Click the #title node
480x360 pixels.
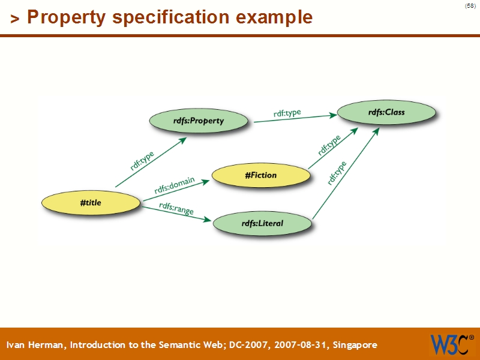click(x=91, y=203)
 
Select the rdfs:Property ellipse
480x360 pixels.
click(x=198, y=121)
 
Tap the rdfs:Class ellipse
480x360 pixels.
click(x=386, y=112)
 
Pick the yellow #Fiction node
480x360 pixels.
click(x=261, y=175)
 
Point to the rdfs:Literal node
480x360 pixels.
click(x=262, y=224)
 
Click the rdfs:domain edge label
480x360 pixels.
click(x=174, y=185)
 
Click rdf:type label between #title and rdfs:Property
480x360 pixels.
click(x=142, y=161)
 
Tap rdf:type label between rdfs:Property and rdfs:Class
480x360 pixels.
click(x=287, y=113)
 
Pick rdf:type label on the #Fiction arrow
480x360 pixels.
click(x=329, y=145)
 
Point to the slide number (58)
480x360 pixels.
click(x=470, y=6)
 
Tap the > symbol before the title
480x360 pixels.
click(x=15, y=19)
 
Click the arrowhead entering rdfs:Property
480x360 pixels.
click(x=183, y=139)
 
